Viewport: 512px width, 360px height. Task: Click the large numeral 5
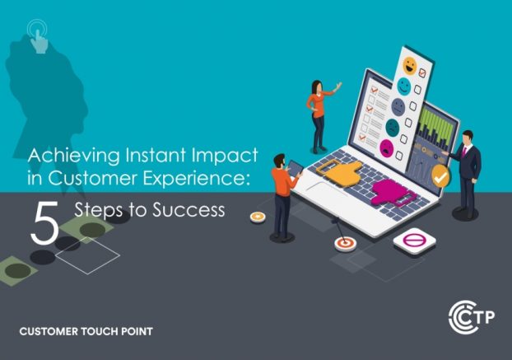[44, 222]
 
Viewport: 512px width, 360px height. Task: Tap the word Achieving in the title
[74, 156]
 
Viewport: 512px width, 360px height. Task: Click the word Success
[189, 210]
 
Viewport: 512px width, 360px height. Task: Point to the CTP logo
[472, 317]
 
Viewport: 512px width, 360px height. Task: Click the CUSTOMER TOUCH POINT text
[86, 331]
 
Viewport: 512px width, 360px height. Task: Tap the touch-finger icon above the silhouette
[38, 36]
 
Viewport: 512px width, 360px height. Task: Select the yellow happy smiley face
[409, 66]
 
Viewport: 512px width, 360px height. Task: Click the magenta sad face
[386, 147]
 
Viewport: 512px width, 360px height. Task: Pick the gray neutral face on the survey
[398, 107]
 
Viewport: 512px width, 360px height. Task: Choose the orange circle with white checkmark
[440, 176]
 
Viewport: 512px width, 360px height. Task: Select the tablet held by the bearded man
[296, 168]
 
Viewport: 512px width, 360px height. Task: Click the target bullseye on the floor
[345, 244]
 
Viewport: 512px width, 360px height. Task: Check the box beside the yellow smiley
[422, 72]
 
